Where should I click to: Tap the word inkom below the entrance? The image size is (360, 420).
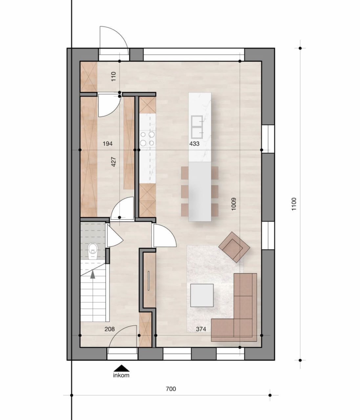tap(121, 375)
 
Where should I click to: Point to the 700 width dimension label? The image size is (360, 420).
tap(171, 389)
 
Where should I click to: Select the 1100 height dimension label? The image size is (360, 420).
tap(294, 204)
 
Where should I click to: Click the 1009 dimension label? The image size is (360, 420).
tap(234, 204)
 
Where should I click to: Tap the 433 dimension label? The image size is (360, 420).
tap(194, 144)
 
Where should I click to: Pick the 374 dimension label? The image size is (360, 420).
tap(201, 329)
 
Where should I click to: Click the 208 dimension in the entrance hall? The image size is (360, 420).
tap(109, 329)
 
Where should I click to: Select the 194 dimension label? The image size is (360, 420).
tap(107, 144)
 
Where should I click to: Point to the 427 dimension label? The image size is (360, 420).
tap(114, 162)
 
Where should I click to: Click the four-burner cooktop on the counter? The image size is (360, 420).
tap(147, 138)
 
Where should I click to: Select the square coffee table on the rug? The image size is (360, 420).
tap(202, 295)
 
